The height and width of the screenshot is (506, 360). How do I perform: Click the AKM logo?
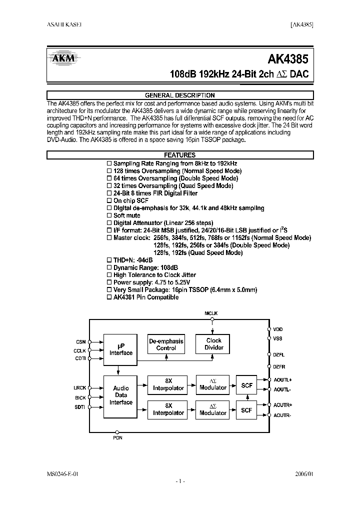62,58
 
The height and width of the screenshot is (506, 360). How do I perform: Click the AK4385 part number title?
288,59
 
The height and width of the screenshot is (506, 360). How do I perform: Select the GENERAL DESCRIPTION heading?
179,95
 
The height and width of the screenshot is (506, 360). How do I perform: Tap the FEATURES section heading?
179,155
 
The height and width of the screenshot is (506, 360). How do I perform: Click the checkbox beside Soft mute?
109,215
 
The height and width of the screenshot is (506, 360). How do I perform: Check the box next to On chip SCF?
109,200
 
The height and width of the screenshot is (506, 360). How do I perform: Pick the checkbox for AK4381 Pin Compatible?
109,297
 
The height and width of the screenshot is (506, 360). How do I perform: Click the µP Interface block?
121,349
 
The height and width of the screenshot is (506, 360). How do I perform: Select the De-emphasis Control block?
166,344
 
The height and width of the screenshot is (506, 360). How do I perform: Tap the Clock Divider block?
214,344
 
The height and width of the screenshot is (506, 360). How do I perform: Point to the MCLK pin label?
211,313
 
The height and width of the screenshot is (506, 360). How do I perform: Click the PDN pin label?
117,438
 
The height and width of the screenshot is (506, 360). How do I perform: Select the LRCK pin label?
80,388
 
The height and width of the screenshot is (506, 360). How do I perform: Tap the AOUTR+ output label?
282,404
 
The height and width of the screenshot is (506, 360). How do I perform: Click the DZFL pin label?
278,354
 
